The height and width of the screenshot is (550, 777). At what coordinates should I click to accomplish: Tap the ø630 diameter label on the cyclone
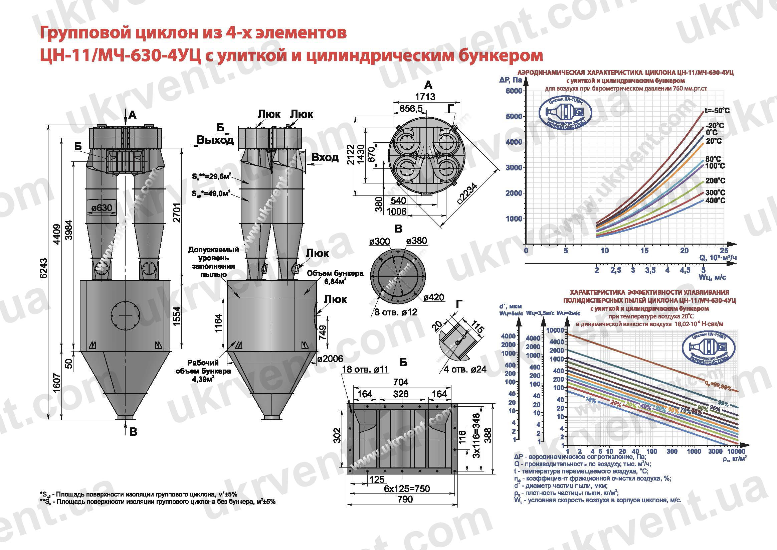102,207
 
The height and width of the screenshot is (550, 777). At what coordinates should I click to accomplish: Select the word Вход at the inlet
325,158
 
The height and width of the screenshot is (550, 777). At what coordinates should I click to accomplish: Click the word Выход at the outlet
215,140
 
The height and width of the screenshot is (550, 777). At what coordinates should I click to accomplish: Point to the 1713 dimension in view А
425,97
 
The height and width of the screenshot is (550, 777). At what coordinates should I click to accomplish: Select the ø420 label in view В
434,297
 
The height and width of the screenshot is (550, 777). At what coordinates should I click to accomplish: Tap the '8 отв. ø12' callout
396,312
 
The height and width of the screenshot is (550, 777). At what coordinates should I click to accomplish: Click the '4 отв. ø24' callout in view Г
465,369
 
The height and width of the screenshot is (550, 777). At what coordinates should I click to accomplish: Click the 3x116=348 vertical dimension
476,435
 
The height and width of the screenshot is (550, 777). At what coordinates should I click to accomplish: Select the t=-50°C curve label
717,111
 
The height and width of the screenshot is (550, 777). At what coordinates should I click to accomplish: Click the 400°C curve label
715,200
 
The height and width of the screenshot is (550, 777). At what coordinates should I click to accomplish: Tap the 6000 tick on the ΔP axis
514,91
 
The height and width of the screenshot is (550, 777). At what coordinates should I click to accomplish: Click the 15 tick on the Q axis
644,251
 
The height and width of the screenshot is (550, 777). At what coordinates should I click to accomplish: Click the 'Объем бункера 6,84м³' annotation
335,277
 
